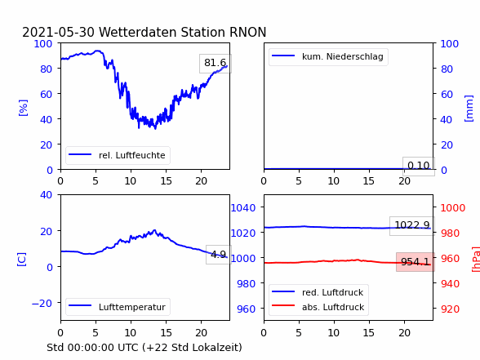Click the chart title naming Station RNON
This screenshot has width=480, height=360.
coord(144,32)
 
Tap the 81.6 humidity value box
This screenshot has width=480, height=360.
coord(216,64)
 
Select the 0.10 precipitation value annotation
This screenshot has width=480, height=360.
coord(419,167)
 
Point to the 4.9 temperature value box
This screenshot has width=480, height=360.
coord(219,255)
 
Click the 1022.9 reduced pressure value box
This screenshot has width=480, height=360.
coord(412,226)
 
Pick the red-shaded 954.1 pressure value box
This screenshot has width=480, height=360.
coord(416,262)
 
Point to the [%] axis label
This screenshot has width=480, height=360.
coord(23,108)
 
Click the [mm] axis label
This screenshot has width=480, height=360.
coord(469,109)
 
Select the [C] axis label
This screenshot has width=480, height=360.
coord(22,260)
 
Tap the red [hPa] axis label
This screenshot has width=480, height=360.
coord(475,260)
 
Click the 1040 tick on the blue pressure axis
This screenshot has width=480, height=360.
coord(243,208)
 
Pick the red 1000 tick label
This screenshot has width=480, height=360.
coord(453,208)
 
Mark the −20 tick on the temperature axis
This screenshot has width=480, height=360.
coord(42,304)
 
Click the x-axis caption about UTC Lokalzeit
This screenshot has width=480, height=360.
coord(144,348)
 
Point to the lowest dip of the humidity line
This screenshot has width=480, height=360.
coord(155,129)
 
